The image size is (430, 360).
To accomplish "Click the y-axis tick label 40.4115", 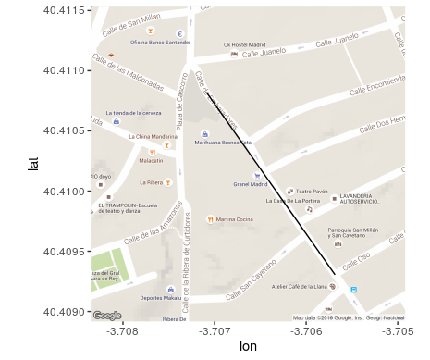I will [x=64, y=10].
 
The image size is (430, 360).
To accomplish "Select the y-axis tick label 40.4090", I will [x=64, y=311].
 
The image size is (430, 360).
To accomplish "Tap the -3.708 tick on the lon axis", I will [x=123, y=330].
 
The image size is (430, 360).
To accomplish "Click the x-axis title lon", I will [x=248, y=347].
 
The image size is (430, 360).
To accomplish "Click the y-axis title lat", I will [x=33, y=164].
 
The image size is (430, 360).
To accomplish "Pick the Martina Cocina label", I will [x=235, y=219].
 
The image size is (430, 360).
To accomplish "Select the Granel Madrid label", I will [x=250, y=183].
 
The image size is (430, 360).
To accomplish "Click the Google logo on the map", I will [x=106, y=316].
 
